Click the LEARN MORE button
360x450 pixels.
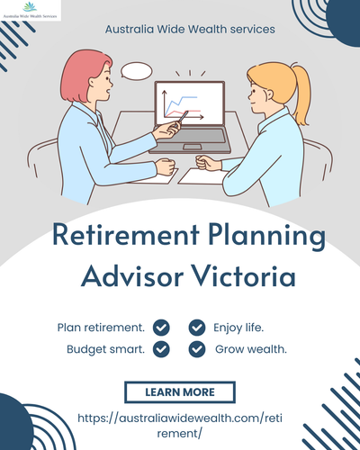tap(179, 392)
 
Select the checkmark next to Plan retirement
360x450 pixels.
tap(162, 327)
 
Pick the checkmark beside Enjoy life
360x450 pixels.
tap(197, 327)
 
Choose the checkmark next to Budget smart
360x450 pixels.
tap(162, 348)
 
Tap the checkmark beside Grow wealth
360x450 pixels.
tap(197, 348)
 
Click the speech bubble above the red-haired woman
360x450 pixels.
tap(137, 70)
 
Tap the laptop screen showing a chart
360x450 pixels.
tap(188, 106)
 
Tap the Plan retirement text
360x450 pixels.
tap(101, 327)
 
